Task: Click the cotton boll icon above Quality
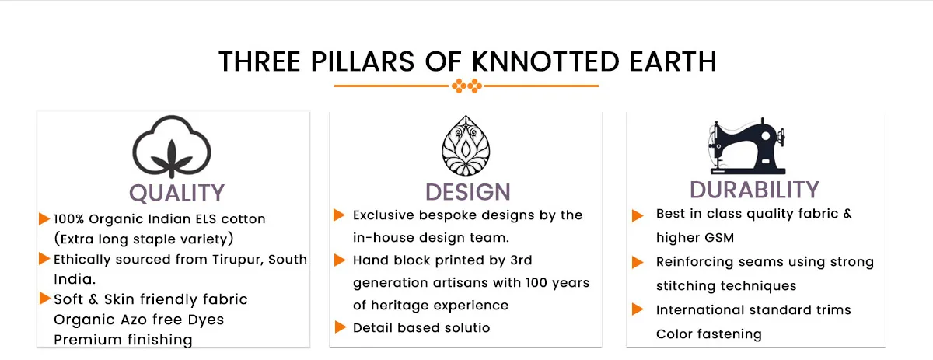172,147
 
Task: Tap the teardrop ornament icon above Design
466,145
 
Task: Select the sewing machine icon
747,146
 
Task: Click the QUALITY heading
176,193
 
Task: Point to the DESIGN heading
468,192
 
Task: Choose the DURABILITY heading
754,190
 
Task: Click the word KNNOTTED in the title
545,61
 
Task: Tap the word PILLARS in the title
362,61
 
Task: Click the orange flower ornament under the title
466,86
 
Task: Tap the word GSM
720,238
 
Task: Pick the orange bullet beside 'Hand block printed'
340,260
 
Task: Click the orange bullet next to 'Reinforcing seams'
638,263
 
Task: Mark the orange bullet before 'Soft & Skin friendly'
45,299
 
